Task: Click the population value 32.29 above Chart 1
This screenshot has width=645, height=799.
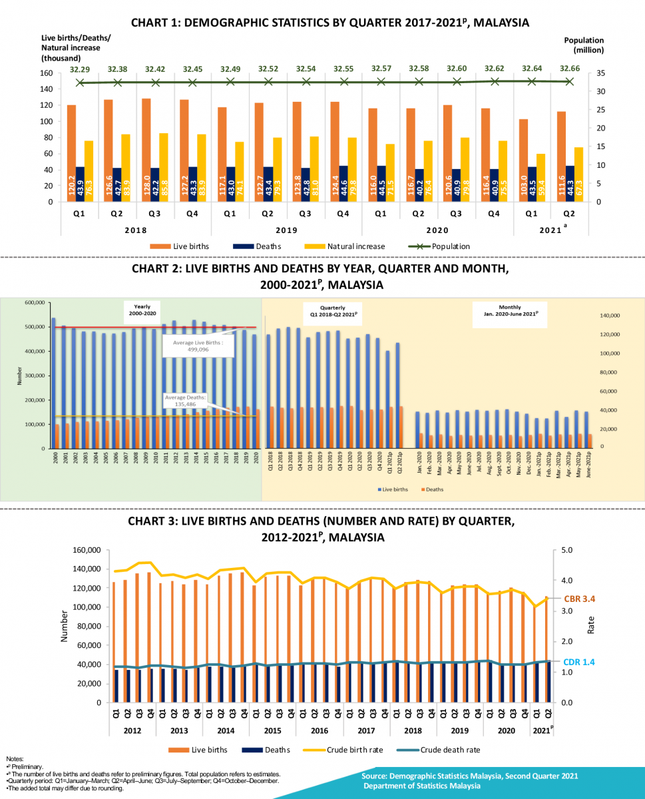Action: tap(80, 68)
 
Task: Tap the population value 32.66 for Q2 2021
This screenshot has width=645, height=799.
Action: tap(570, 68)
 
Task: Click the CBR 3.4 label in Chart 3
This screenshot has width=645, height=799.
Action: tap(579, 599)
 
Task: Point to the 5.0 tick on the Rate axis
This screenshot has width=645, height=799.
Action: tap(568, 551)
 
